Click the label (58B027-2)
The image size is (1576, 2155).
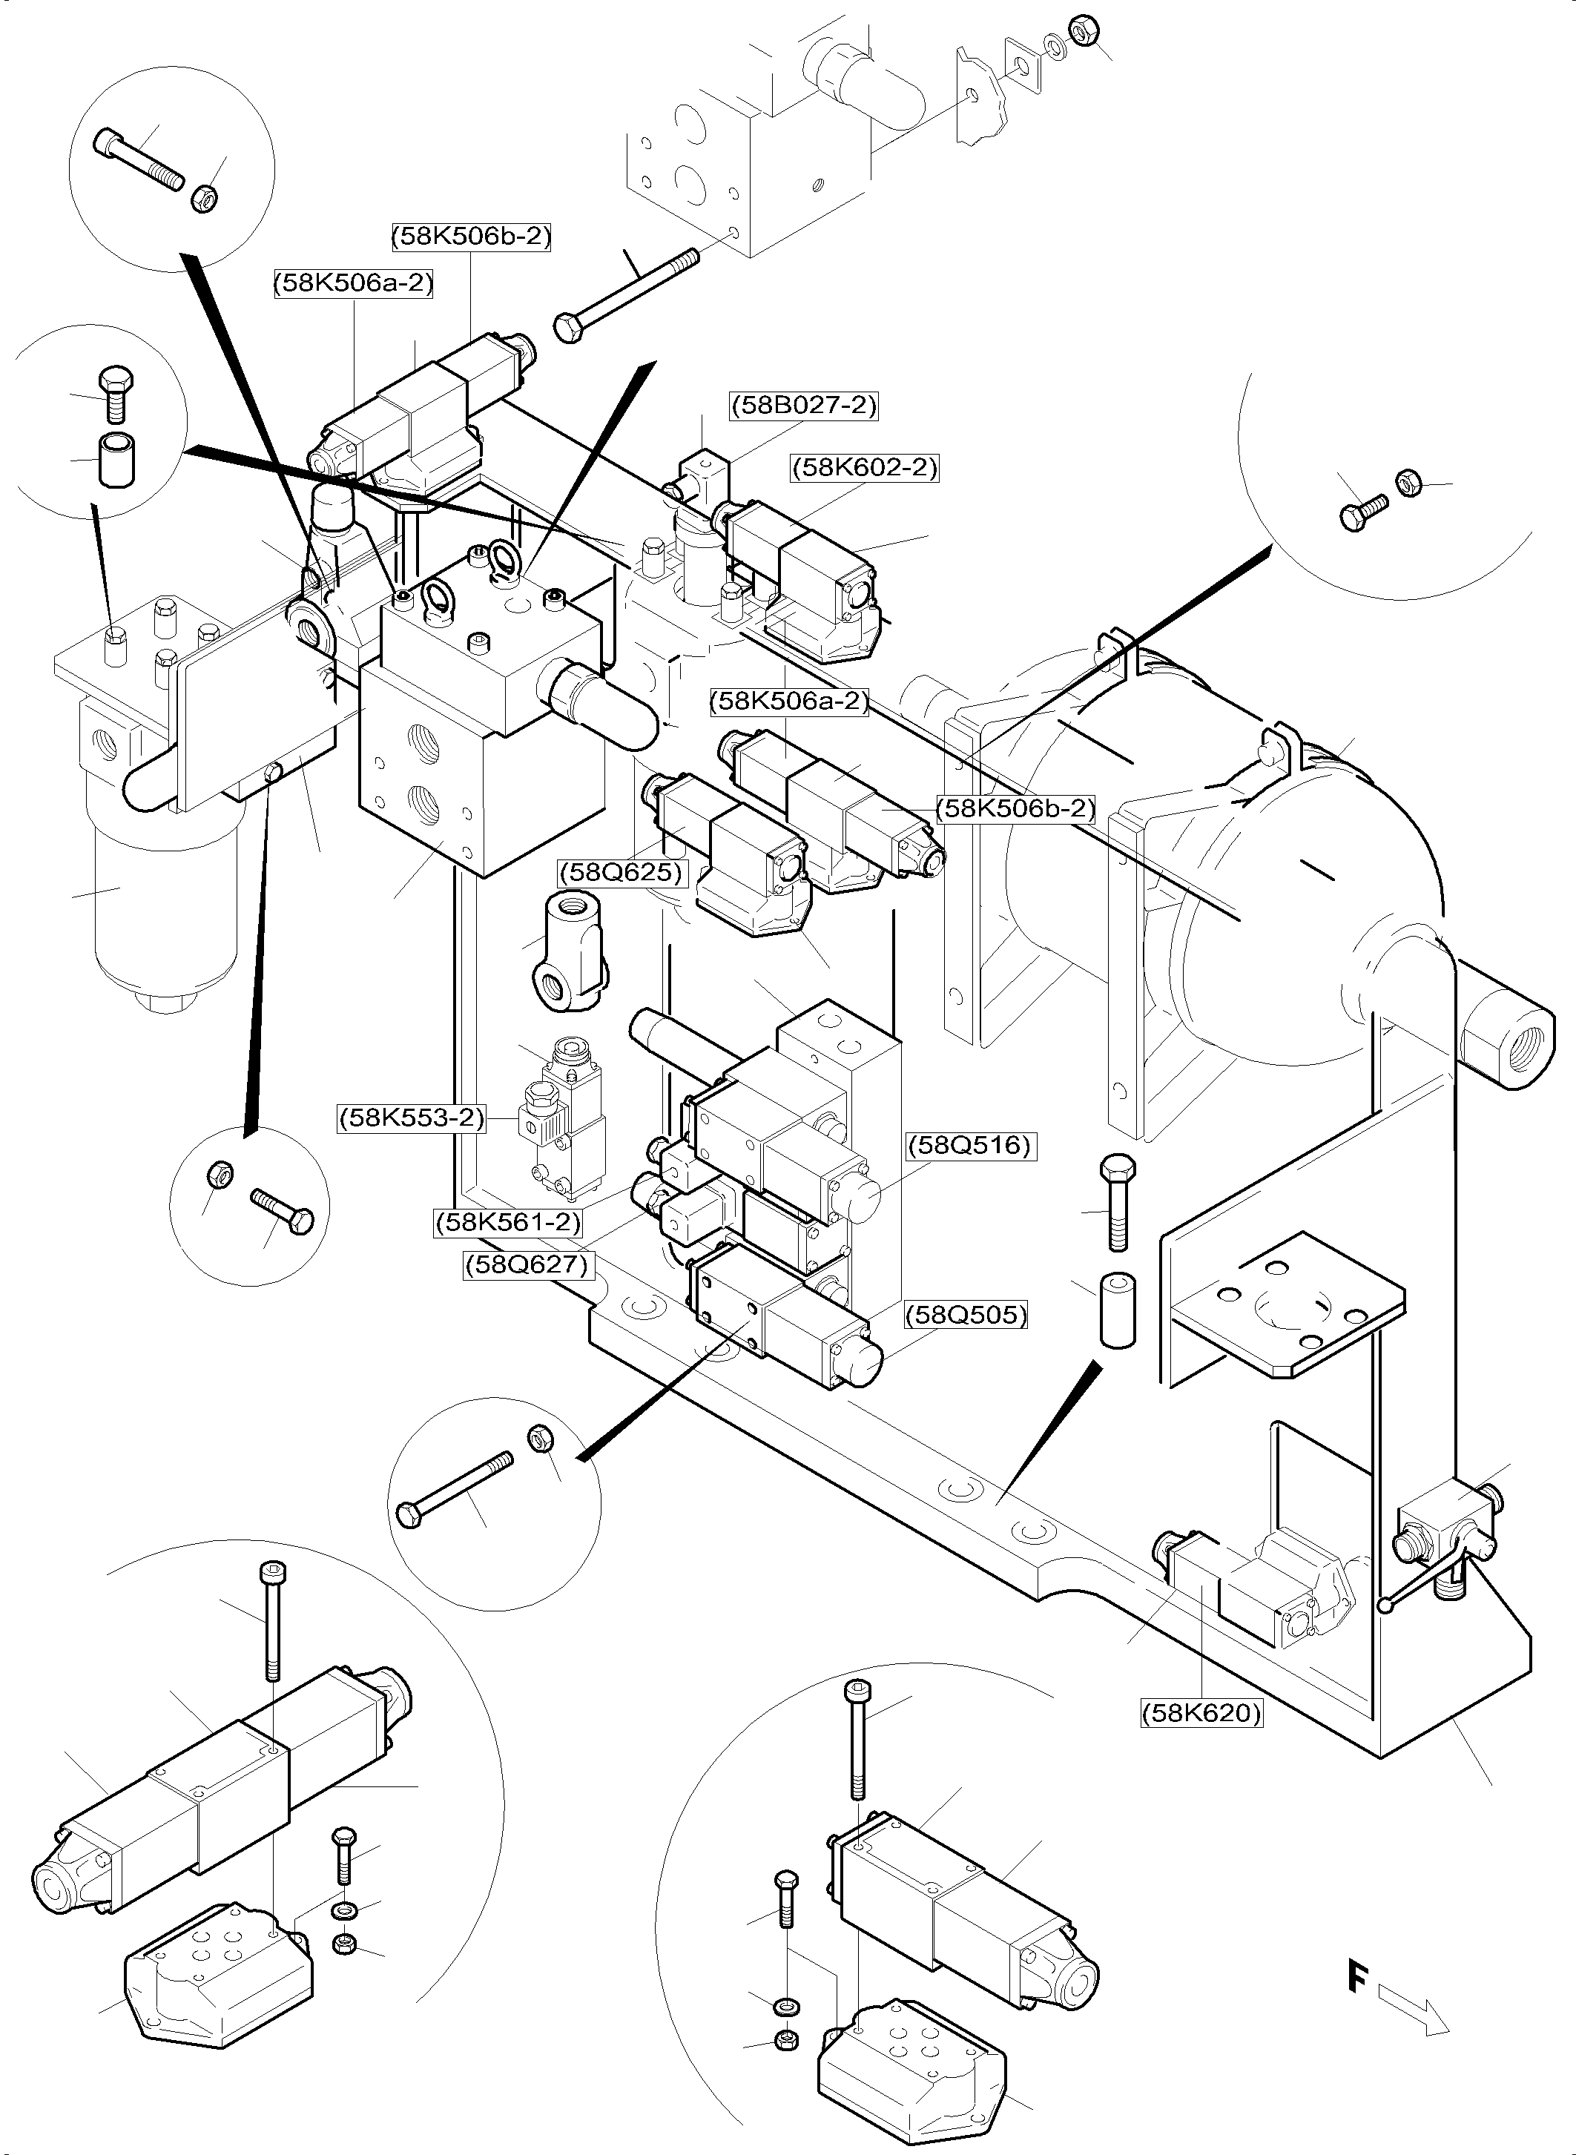click(x=803, y=406)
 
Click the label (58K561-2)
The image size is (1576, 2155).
click(x=507, y=1221)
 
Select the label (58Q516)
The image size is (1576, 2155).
click(x=969, y=1145)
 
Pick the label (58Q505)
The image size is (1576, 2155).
click(x=966, y=1316)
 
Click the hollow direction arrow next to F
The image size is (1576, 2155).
click(x=1414, y=2012)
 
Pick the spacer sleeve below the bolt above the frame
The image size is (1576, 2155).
click(x=1118, y=1310)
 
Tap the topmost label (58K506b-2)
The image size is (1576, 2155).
click(x=471, y=236)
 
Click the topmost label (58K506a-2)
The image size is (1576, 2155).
click(x=354, y=283)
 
